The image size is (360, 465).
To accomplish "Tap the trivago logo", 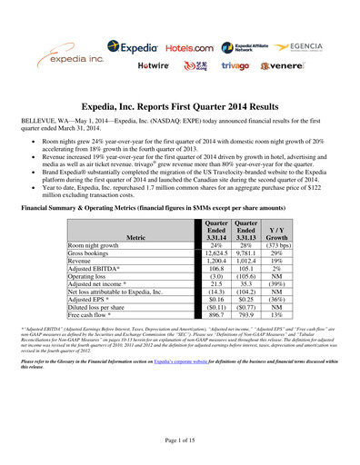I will [238, 66].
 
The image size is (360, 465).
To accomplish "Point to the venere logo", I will [287, 66].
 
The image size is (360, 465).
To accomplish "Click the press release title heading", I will [180, 107].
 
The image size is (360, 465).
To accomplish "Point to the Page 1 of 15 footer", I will [180, 440].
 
